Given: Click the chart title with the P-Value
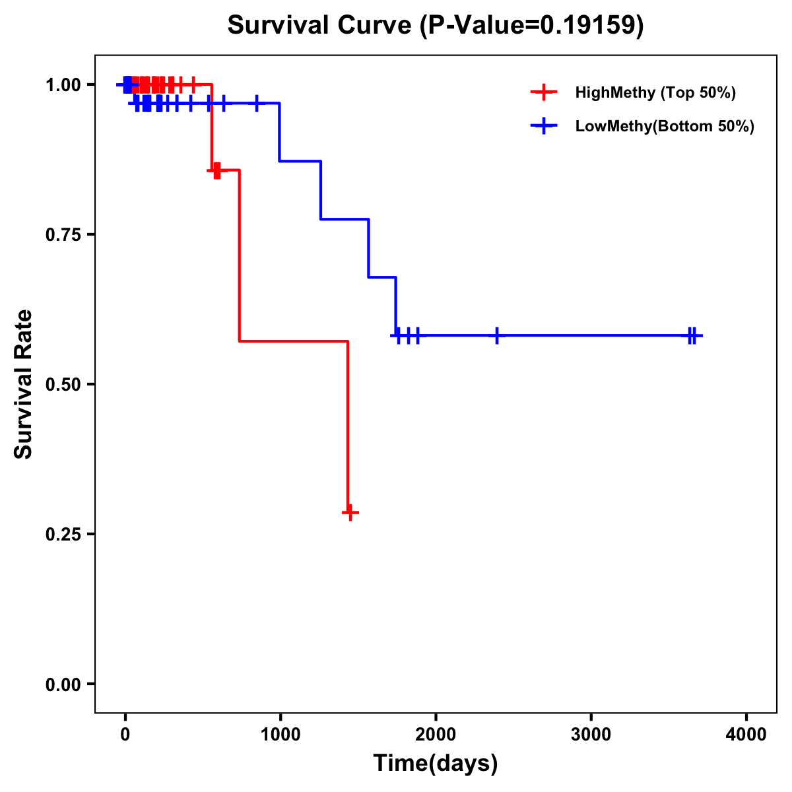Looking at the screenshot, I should tap(435, 25).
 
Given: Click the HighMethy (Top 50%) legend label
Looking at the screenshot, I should tap(655, 92).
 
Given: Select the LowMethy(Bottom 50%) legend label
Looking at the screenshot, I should tap(664, 126).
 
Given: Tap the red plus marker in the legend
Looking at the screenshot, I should tap(544, 92).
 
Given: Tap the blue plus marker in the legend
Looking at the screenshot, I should tap(544, 126).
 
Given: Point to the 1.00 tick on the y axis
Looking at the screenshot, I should tap(63, 85).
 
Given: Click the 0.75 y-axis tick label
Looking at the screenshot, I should tap(63, 235).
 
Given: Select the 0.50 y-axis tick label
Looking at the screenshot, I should tap(63, 385).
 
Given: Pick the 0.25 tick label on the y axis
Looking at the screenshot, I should tap(63, 535).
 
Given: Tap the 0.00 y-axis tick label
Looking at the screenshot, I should tap(63, 684).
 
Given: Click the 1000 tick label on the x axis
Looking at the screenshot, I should tap(280, 735).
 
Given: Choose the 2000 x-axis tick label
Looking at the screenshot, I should tap(436, 735).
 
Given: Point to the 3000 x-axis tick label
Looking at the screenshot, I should tap(591, 735).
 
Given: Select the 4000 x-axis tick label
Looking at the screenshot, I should tap(746, 735).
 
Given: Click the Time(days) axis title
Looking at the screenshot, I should tap(436, 764).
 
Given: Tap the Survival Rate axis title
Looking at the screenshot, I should tap(24, 384).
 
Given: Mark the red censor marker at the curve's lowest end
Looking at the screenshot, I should tap(350, 512).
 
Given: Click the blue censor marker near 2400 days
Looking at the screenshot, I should tap(497, 335).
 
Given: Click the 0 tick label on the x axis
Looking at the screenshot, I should tap(125, 735).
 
